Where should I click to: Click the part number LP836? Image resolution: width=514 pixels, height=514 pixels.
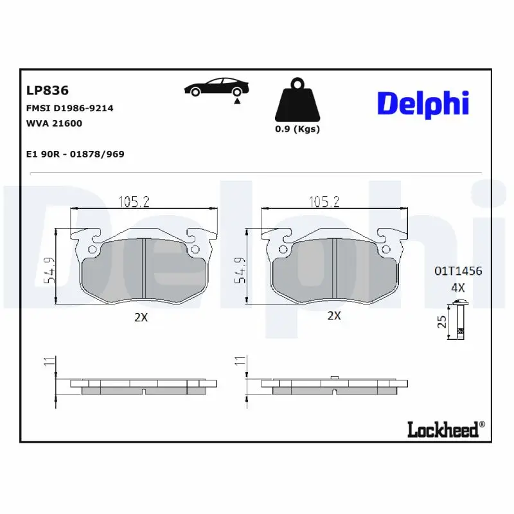coord(47,91)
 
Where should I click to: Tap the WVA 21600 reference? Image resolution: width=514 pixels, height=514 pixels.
coord(54,123)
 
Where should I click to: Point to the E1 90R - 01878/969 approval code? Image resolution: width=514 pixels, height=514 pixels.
coord(75,154)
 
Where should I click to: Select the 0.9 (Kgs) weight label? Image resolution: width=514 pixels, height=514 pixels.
coord(297,128)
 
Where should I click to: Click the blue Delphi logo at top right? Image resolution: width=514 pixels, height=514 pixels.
coord(423,104)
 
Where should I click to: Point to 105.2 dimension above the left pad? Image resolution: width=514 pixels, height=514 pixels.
coord(134,202)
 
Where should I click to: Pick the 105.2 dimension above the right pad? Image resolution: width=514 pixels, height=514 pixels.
coord(324,202)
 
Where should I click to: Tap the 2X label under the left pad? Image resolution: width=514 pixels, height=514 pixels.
coord(141,317)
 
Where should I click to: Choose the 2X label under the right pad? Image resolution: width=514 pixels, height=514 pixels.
coord(334,315)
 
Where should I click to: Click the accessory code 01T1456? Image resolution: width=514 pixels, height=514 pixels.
coord(457,271)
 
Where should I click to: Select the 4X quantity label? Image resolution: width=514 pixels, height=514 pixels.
coord(457,288)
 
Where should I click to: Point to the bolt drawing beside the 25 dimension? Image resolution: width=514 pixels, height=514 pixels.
coord(459,321)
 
